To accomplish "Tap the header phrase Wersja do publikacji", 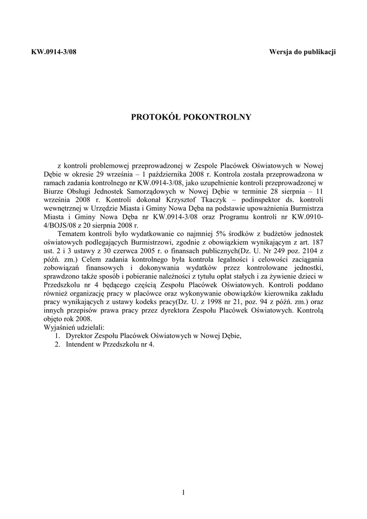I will point(303,52).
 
